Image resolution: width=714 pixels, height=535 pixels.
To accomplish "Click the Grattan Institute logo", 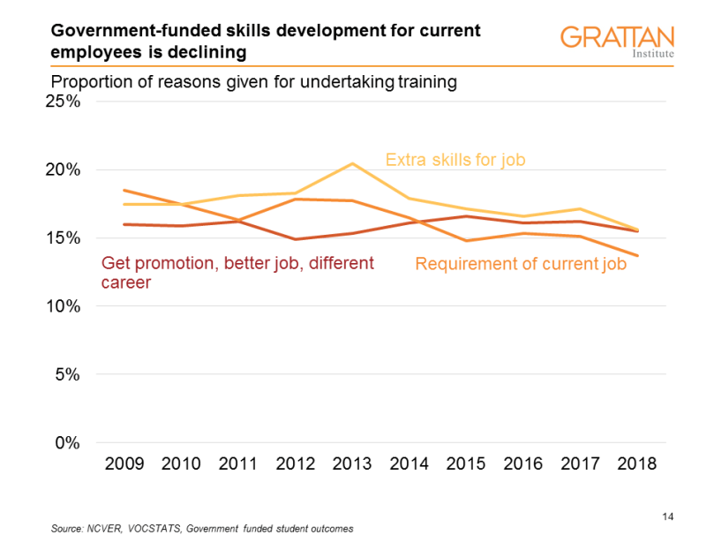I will point(617,42).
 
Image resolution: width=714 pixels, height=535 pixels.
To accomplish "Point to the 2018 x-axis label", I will point(635,463).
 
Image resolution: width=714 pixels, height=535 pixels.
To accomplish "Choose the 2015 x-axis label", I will point(466,463).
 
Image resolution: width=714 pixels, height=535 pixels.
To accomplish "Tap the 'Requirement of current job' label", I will point(521,263).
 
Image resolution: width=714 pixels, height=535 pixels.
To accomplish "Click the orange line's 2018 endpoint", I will point(637,256).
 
